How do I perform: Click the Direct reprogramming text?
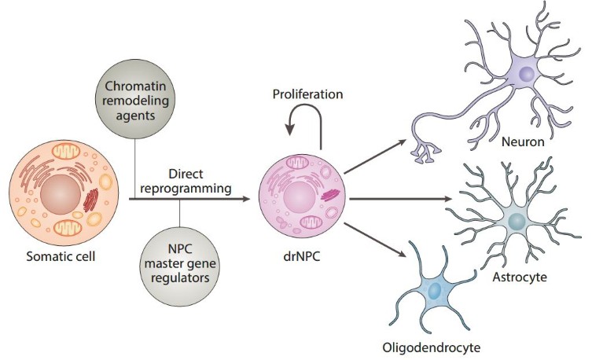186,180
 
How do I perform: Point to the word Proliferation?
307,95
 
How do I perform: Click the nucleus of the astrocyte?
516,221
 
